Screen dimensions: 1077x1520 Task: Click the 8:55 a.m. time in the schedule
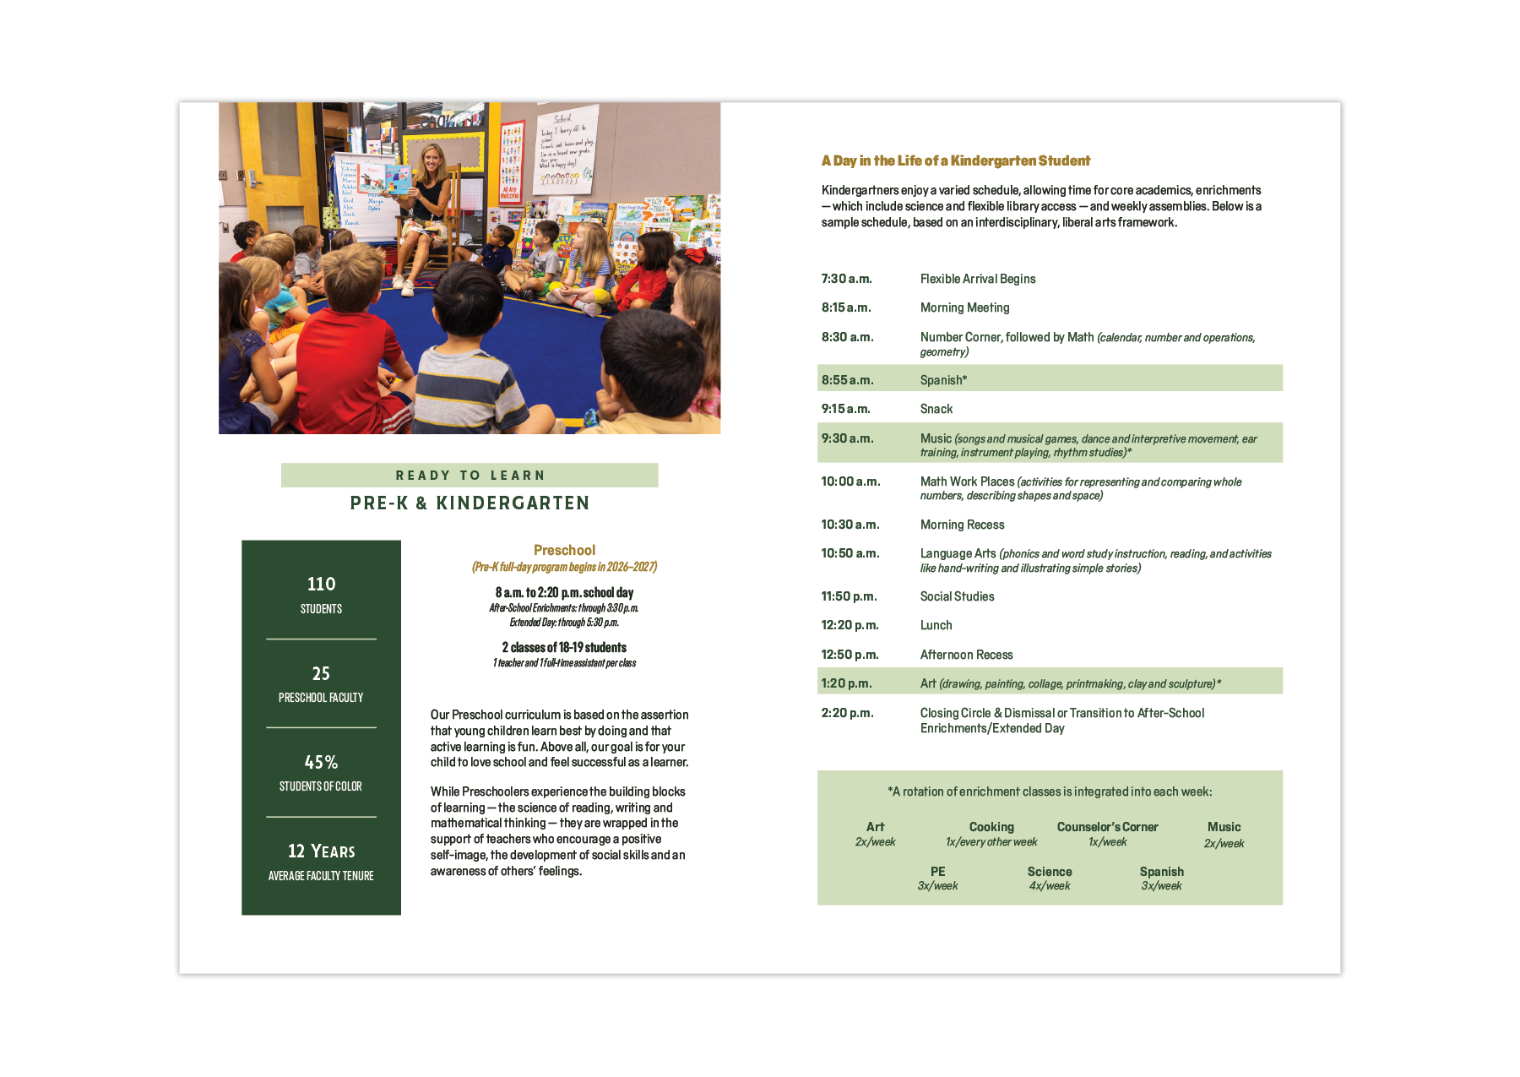[847, 380]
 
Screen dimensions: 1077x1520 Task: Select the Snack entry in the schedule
[936, 409]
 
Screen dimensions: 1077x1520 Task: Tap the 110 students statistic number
[321, 584]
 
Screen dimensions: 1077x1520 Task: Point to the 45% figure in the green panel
[321, 762]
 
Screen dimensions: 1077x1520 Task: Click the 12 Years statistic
[321, 851]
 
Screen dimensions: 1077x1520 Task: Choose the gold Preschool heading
[564, 550]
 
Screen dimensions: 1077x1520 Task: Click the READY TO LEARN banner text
[470, 476]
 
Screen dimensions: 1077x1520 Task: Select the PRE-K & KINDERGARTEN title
[470, 503]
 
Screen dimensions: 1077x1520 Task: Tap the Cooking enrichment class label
[991, 827]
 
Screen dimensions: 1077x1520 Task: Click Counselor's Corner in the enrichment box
[1107, 827]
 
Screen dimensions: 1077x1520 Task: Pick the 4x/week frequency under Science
[1049, 886]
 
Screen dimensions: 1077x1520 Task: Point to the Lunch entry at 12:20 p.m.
[936, 625]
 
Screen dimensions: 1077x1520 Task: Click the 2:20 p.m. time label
[847, 713]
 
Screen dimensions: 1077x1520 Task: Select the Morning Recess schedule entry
[962, 525]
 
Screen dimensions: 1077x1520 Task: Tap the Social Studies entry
[957, 596]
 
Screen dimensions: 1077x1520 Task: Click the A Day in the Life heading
[955, 160]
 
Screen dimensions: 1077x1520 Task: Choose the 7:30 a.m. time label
[846, 279]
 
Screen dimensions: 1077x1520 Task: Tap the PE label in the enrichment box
[937, 872]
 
